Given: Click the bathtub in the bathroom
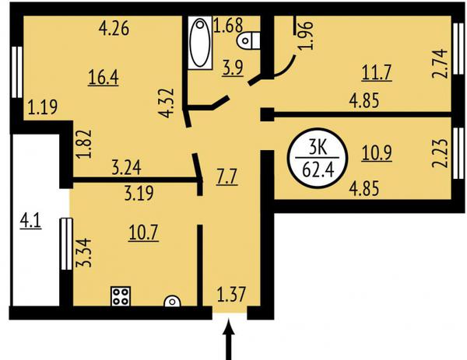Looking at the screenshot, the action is tap(200, 43).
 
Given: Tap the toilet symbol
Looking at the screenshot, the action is tap(249, 40).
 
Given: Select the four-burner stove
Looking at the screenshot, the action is tap(121, 296).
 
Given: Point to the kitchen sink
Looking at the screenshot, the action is tap(173, 301).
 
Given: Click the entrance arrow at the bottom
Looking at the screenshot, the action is tap(229, 339).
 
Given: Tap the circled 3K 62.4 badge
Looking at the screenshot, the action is tap(318, 158).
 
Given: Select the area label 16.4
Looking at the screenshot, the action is tap(104, 78).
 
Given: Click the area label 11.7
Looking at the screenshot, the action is tap(377, 73).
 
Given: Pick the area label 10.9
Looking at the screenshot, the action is tap(377, 153).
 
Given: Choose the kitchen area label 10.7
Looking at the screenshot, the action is tap(143, 232).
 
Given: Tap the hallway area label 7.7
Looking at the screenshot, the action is tap(227, 177).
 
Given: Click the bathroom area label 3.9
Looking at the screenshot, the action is tap(233, 68).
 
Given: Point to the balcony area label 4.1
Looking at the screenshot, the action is tap(30, 222).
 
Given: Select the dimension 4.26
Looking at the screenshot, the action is tap(114, 29).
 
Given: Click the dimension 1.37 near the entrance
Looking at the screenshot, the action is tap(231, 294).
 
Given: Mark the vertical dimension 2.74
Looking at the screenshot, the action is tap(440, 64).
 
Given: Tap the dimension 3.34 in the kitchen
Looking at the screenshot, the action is tap(83, 253).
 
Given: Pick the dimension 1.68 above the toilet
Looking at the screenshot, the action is tap(228, 25).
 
